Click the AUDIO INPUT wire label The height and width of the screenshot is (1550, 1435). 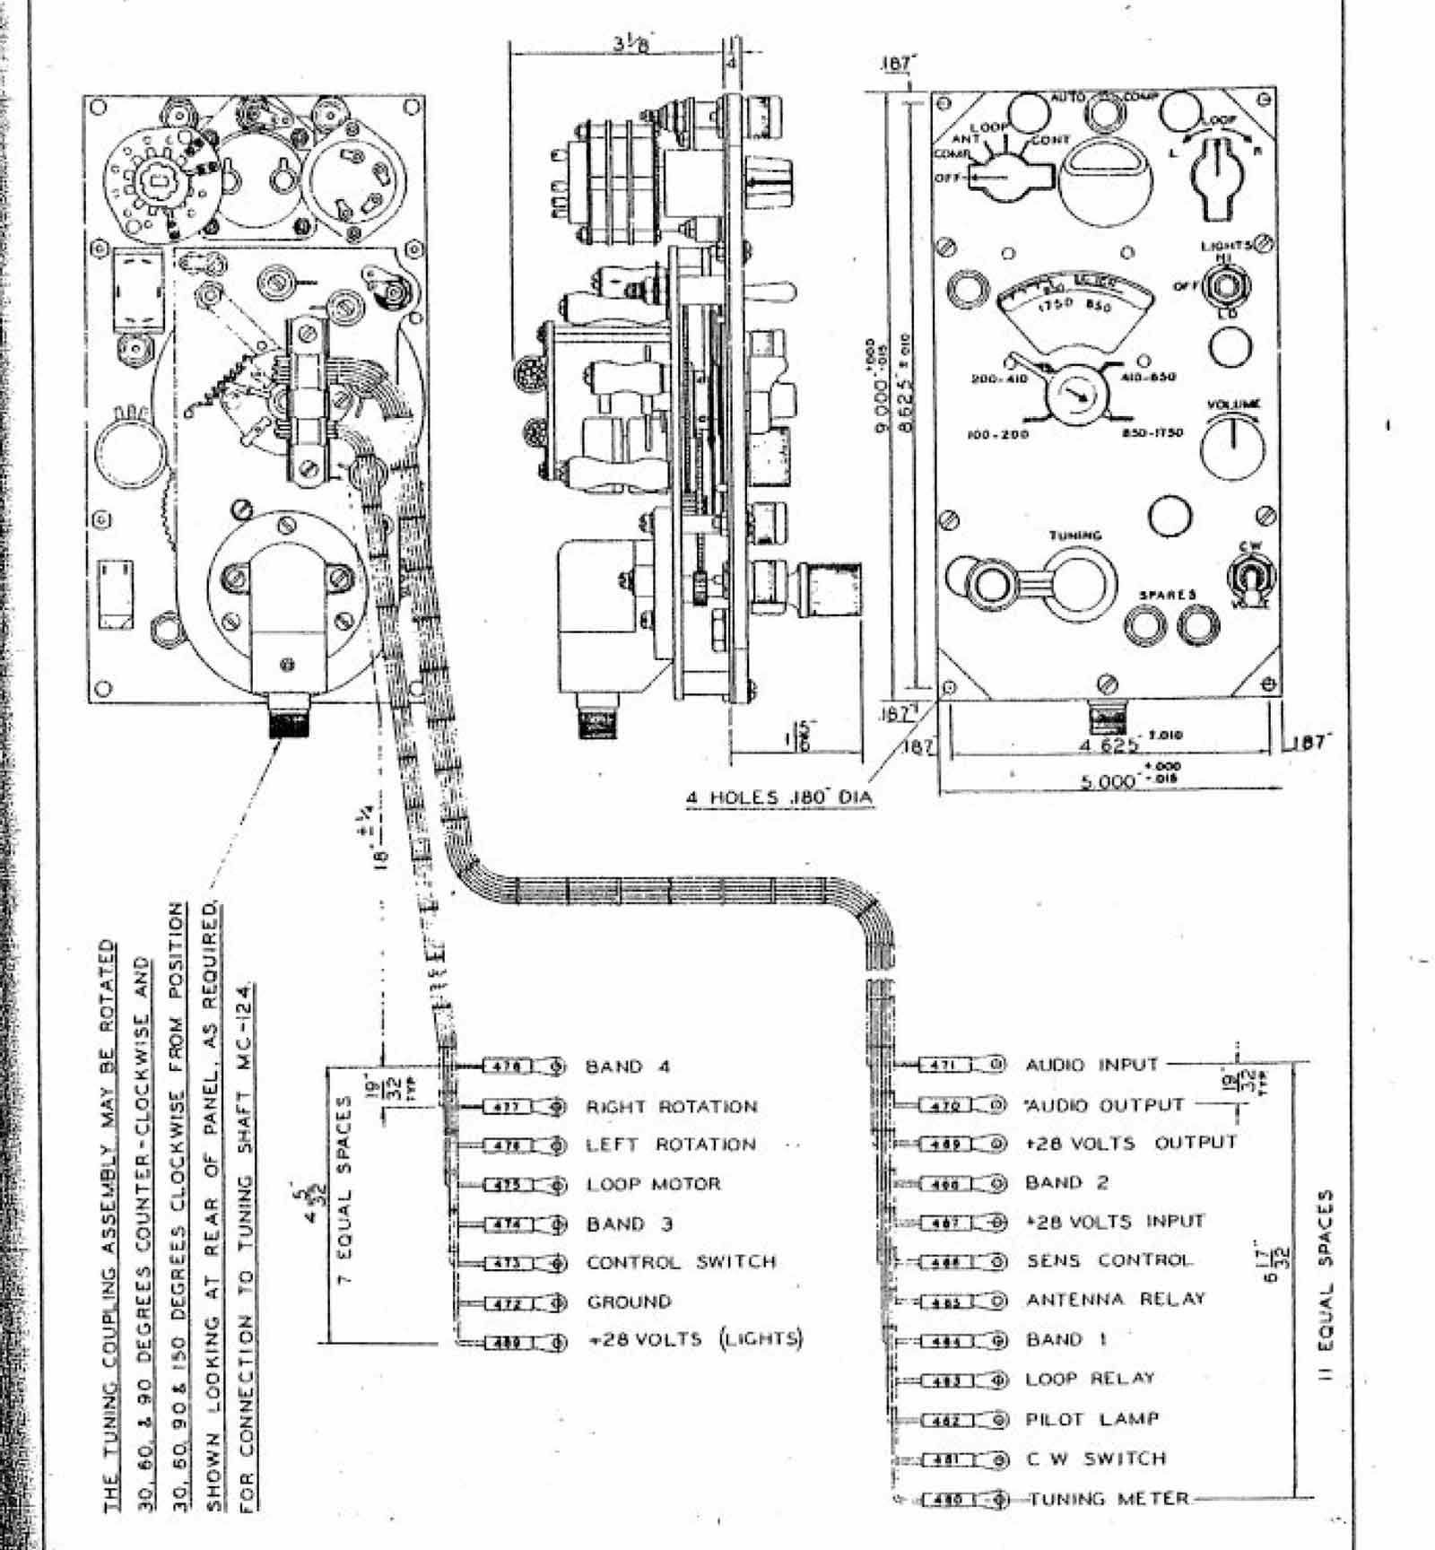(1091, 1065)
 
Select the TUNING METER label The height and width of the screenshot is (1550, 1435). (1109, 1499)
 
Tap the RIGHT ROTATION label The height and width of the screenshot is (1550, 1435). (672, 1107)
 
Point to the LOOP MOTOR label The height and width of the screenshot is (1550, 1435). (654, 1184)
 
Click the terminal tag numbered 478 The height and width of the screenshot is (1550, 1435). (509, 1067)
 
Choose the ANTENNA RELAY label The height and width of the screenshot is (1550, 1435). (1116, 1300)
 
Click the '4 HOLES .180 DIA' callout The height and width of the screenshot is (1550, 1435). (778, 797)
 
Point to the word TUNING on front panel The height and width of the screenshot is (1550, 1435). (1075, 536)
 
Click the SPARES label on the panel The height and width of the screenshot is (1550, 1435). (1168, 595)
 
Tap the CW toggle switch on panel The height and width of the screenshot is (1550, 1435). (1250, 575)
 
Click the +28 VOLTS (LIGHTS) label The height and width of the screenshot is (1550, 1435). (695, 1339)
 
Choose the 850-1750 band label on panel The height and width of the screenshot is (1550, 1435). (1152, 432)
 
